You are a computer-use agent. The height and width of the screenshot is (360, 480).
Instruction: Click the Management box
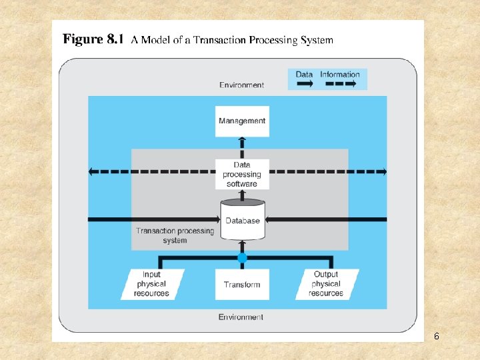pos(242,121)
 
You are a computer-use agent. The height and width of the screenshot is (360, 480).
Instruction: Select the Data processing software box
pos(242,175)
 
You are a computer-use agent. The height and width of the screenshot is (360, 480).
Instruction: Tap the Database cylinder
pos(242,220)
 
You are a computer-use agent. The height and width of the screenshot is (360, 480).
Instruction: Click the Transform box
pos(242,285)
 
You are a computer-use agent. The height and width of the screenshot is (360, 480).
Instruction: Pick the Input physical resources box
pos(152,284)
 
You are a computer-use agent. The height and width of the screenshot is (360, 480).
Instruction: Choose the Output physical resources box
pos(326,284)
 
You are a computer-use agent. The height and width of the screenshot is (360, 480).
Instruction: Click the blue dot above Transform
pos(242,257)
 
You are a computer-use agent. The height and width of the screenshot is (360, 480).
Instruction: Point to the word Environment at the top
pos(241,85)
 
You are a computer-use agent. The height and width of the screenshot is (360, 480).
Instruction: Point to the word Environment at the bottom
pos(241,317)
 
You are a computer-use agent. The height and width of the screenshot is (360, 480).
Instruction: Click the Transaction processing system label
pos(175,235)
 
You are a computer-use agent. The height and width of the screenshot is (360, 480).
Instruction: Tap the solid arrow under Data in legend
pos(305,84)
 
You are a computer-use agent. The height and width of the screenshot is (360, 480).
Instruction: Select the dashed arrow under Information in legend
pos(340,84)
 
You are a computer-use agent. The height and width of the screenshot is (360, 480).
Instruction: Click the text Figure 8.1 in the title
pos(93,39)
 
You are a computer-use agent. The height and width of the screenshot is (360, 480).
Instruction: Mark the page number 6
pos(436,336)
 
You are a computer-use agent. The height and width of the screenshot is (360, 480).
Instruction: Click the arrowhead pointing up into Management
pos(242,141)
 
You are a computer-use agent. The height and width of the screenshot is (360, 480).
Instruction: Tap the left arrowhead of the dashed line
pos(93,171)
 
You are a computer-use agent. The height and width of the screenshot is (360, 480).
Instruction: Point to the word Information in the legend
pos(340,74)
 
